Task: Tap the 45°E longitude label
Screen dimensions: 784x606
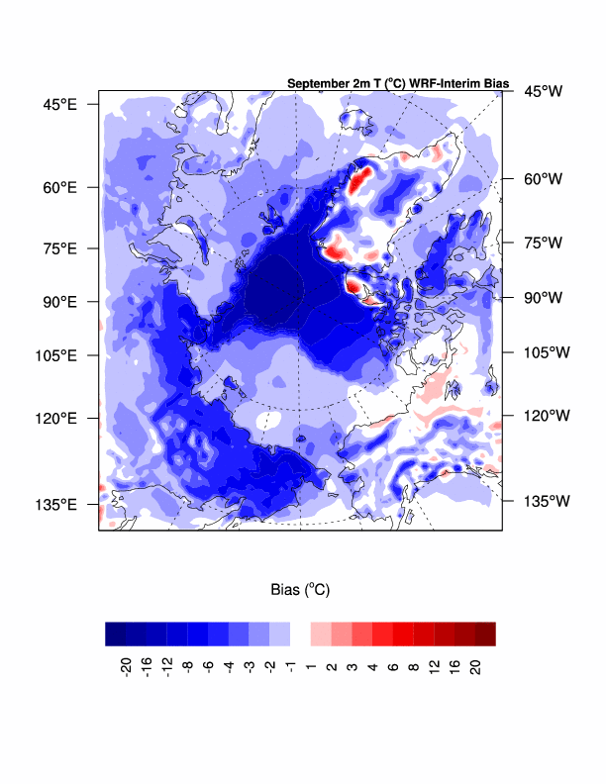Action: (x=59, y=103)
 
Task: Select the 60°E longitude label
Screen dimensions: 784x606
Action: (x=59, y=187)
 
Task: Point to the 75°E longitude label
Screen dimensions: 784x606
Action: (x=59, y=248)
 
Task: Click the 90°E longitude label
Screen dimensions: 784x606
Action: (x=59, y=301)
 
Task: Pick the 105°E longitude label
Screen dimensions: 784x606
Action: (x=55, y=355)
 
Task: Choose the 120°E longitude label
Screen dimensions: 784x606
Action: (x=55, y=418)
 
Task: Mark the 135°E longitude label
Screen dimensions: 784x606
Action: (x=55, y=504)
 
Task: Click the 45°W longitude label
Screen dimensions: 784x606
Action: (x=543, y=91)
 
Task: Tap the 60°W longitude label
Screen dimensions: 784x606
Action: (x=543, y=179)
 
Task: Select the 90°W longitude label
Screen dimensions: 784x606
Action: (x=543, y=297)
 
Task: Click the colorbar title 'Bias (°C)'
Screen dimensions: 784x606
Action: (x=300, y=589)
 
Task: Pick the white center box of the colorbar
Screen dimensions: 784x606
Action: (x=300, y=634)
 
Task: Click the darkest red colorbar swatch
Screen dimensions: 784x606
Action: (x=485, y=634)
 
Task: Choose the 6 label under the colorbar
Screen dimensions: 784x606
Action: (x=393, y=664)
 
